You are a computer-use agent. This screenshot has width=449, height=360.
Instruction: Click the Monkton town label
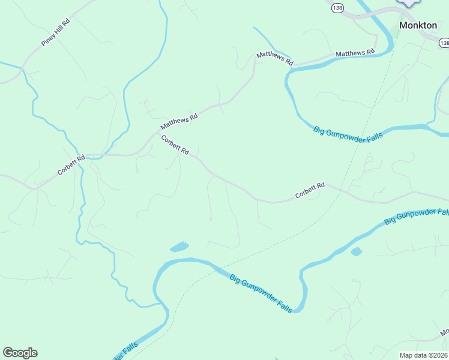pos(418,25)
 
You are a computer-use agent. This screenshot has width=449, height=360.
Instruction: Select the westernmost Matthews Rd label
pos(179,123)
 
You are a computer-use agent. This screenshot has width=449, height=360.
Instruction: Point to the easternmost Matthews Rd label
pos(355,53)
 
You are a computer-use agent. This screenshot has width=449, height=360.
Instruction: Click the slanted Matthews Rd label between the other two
pos(274,58)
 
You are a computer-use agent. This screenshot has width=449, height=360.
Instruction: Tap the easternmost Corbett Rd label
pos(310,191)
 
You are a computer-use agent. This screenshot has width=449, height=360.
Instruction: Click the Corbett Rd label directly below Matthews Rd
pos(175,145)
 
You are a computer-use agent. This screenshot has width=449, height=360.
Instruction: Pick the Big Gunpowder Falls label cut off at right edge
pos(416,217)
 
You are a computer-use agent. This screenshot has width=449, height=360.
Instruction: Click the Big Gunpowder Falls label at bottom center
pos(261,292)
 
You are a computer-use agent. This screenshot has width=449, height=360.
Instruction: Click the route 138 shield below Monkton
pos(444,43)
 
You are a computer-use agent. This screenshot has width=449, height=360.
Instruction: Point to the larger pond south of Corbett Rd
pos(179,247)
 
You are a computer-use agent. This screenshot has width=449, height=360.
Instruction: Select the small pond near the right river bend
pos(356,251)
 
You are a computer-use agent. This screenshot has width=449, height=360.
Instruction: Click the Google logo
pos(20,353)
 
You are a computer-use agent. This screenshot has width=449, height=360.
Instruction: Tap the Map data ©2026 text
pos(424,355)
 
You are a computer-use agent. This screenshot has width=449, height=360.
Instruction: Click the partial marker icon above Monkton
pos(409,3)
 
